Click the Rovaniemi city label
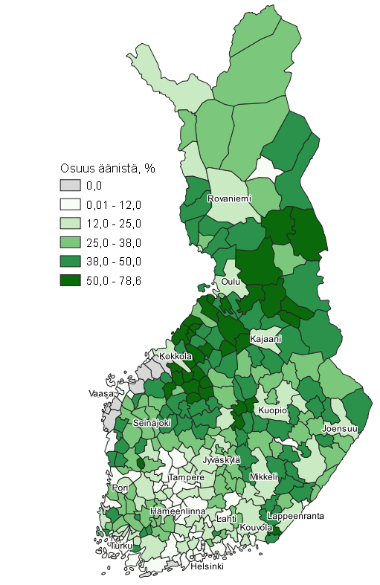click(230, 198)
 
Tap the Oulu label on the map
click(231, 282)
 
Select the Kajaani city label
click(265, 339)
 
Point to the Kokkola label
click(176, 356)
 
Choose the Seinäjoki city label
click(152, 422)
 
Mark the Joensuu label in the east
click(340, 429)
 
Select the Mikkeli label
click(264, 476)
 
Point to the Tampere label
click(186, 477)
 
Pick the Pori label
click(121, 488)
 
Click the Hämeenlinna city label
click(178, 511)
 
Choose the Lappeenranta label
click(295, 515)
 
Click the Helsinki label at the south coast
click(207, 566)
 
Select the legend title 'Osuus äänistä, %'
click(107, 168)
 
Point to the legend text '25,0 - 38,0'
click(114, 242)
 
